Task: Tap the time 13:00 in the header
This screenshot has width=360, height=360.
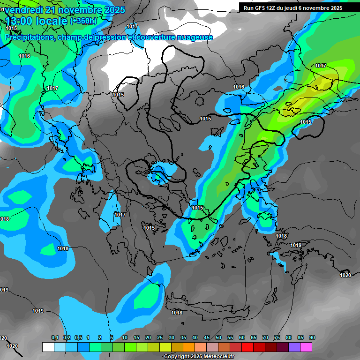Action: coord(20,21)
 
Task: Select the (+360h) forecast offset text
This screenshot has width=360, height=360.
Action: coord(83,21)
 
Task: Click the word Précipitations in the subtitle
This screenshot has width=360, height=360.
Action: coord(28,37)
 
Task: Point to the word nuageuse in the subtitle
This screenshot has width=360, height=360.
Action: coord(195,37)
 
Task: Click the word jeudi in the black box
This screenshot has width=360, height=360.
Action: coord(303,8)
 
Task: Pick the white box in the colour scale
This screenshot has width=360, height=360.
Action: coord(48,347)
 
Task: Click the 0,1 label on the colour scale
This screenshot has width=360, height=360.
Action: coord(55,338)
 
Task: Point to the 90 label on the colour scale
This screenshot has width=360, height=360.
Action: coord(312,338)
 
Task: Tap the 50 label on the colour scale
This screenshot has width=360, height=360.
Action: coord(218,338)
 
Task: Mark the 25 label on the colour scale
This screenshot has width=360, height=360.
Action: coord(160,338)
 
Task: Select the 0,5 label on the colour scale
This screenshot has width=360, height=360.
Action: coord(78,338)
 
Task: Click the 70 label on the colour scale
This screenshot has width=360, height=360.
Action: coord(265,338)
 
